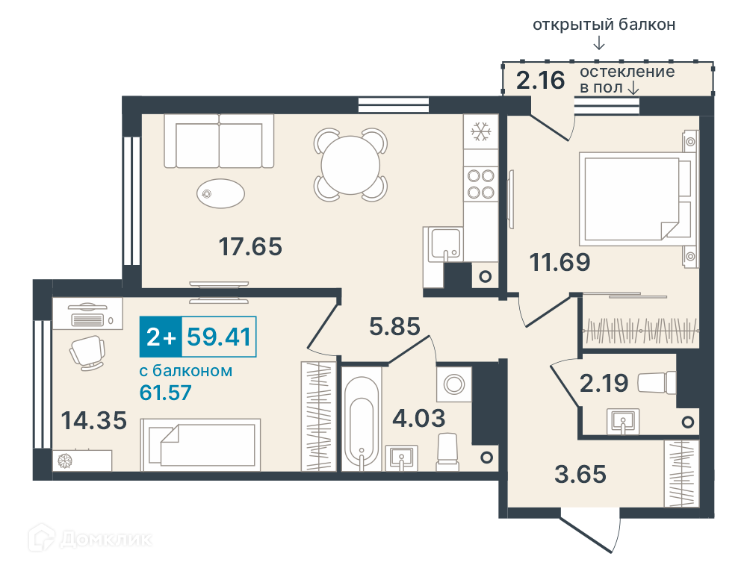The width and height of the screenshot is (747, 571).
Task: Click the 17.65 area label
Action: tap(250, 246)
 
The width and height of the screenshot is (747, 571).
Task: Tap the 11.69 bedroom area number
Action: tap(560, 262)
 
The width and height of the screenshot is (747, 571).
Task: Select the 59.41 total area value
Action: tap(219, 337)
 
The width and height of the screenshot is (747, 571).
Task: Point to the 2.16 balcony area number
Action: tap(541, 80)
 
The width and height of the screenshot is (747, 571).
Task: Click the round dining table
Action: tap(350, 165)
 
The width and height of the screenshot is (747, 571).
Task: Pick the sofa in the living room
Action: tap(219, 141)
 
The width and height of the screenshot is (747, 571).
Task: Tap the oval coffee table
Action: tap(220, 193)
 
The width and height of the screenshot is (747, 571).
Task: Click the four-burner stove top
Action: tap(480, 184)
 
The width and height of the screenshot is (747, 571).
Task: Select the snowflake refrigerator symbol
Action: tap(480, 131)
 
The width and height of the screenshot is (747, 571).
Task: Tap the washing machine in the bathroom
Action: tap(454, 384)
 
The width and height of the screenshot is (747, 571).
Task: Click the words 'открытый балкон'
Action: tap(604, 25)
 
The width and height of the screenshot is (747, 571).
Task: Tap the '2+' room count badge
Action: tap(161, 337)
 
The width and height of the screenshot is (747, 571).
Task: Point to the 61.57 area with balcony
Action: tap(165, 393)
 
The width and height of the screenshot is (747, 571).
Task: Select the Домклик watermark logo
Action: tap(90, 539)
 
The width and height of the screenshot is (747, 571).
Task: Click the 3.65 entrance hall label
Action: tap(580, 475)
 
